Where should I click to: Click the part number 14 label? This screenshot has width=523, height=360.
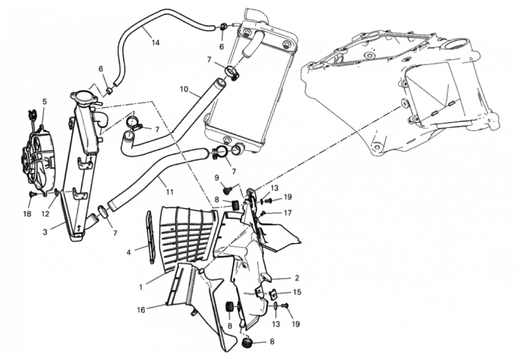tap(155, 43)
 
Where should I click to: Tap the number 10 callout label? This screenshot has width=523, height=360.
tap(184, 89)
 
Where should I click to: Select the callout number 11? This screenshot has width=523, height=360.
tap(169, 192)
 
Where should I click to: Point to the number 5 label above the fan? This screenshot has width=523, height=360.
tap(45, 102)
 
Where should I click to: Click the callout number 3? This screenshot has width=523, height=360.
tap(45, 232)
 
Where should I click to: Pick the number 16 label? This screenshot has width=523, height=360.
tap(141, 310)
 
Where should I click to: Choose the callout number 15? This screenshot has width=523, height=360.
tap(297, 292)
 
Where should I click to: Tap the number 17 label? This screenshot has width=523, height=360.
tap(288, 213)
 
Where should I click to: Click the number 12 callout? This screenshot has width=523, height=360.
tap(45, 214)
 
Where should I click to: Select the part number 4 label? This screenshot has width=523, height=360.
tap(129, 252)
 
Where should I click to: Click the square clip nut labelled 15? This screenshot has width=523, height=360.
tap(273, 294)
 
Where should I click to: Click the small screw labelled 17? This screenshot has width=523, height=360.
tap(263, 213)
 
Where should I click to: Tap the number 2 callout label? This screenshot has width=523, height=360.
tap(297, 278)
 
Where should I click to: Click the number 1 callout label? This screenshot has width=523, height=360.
tap(141, 286)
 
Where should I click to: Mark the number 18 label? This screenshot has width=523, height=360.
tap(27, 214)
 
